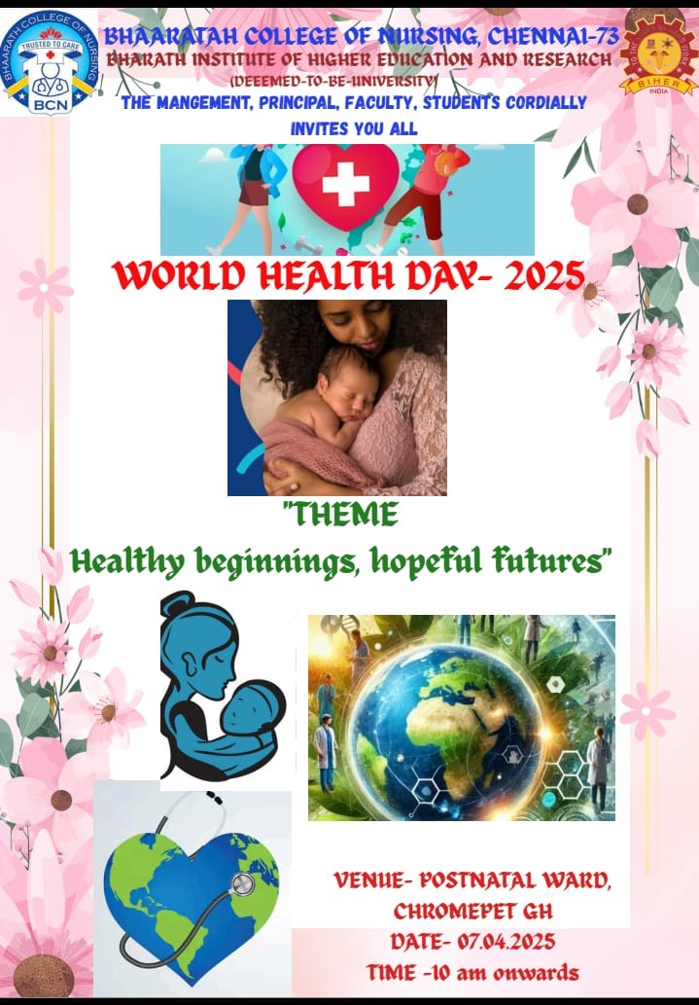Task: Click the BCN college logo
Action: (50, 62)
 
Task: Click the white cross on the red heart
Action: (345, 184)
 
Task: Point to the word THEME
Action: (341, 514)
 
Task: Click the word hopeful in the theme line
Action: (426, 560)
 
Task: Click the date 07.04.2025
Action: (506, 942)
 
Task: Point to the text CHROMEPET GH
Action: (472, 911)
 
